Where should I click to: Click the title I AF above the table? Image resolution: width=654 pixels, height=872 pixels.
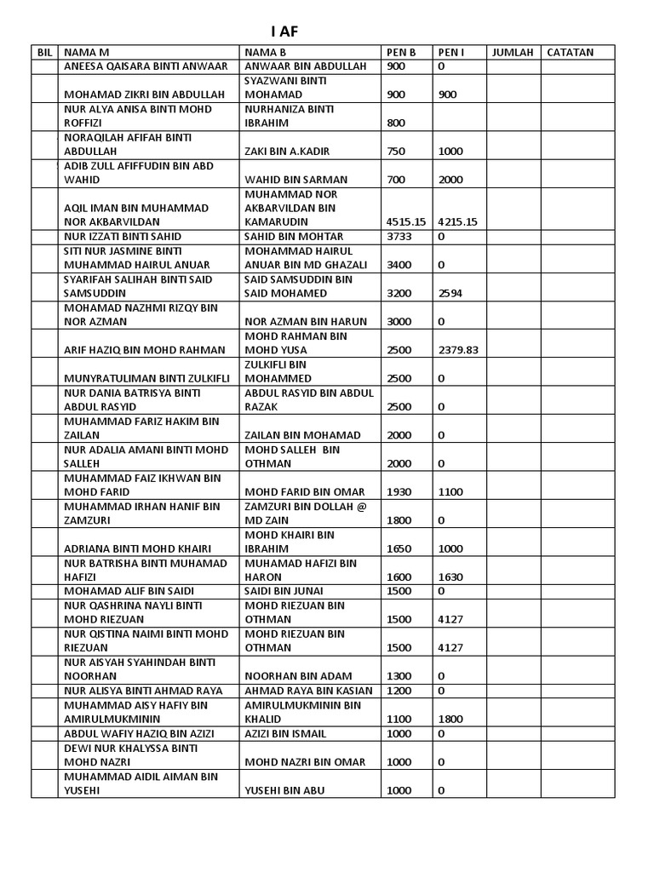tap(285, 32)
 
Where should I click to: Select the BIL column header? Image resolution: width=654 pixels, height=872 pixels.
tap(45, 52)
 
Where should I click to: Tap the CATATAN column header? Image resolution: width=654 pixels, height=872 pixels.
tap(570, 52)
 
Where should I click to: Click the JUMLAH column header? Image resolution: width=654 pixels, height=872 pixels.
tap(513, 52)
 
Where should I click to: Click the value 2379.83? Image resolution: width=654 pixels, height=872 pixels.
tap(459, 350)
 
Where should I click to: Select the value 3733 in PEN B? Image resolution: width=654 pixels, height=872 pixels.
tap(399, 236)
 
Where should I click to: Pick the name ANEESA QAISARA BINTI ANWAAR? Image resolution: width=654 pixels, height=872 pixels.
tap(146, 66)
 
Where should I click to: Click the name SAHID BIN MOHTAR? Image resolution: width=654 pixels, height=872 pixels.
tap(294, 236)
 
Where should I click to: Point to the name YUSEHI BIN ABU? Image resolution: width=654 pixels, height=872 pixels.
tap(284, 790)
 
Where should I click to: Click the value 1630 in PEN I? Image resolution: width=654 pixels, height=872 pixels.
tap(450, 577)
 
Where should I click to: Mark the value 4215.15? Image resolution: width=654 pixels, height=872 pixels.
tap(458, 222)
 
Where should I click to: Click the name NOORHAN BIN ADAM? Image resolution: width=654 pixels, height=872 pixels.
tap(294, 676)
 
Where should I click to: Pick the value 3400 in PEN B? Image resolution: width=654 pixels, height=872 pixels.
tap(399, 265)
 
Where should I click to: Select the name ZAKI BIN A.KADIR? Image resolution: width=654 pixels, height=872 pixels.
tap(287, 152)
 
